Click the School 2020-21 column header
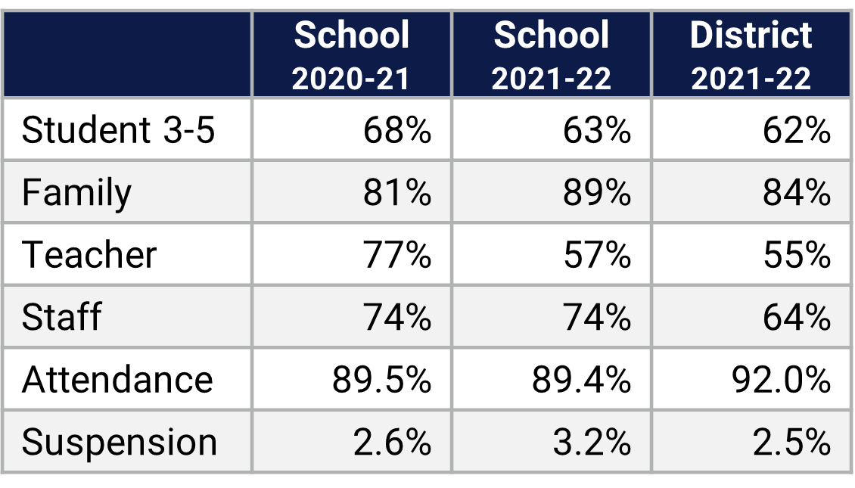pyautogui.click(x=351, y=55)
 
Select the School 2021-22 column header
pyautogui.click(x=551, y=55)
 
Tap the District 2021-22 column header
pyautogui.click(x=751, y=55)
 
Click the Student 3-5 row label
pyautogui.click(x=119, y=130)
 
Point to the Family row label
pyautogui.click(x=76, y=192)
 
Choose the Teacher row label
pyautogui.click(x=89, y=254)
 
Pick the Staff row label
pyautogui.click(x=61, y=316)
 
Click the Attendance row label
pyautogui.click(x=117, y=379)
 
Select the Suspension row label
pyautogui.click(x=120, y=442)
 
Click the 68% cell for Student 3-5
pyautogui.click(x=396, y=130)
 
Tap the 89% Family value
pyautogui.click(x=596, y=192)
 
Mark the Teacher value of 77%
pyautogui.click(x=396, y=254)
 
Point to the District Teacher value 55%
pyautogui.click(x=796, y=254)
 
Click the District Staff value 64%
pyautogui.click(x=796, y=316)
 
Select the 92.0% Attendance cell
pyautogui.click(x=781, y=379)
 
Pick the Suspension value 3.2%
pyautogui.click(x=592, y=442)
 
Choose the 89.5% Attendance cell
pyautogui.click(x=381, y=379)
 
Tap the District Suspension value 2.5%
pyautogui.click(x=791, y=442)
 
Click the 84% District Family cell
pyautogui.click(x=796, y=192)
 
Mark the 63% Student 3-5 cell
pyautogui.click(x=596, y=130)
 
